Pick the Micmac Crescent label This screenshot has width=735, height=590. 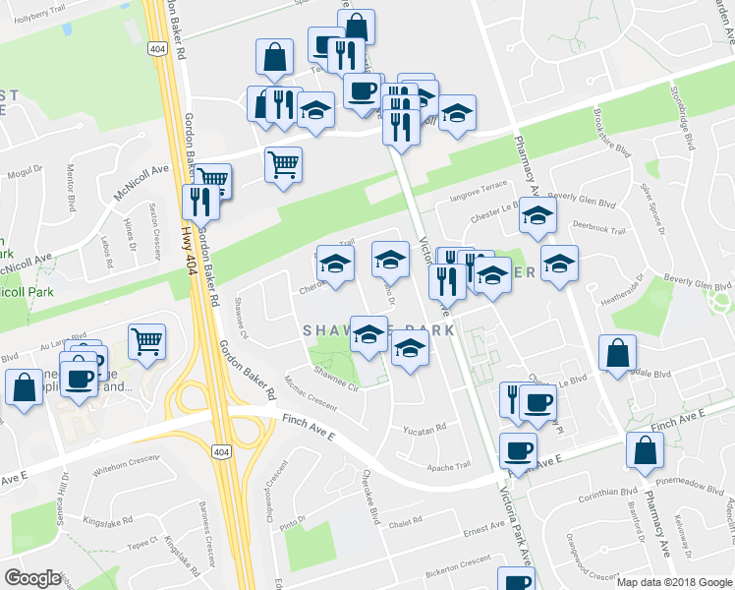point(311,394)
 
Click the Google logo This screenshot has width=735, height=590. point(31,578)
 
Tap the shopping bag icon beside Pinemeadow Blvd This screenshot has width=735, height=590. point(645,450)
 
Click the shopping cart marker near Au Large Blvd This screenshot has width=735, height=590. point(146,342)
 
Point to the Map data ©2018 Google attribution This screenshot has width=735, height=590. point(674,582)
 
